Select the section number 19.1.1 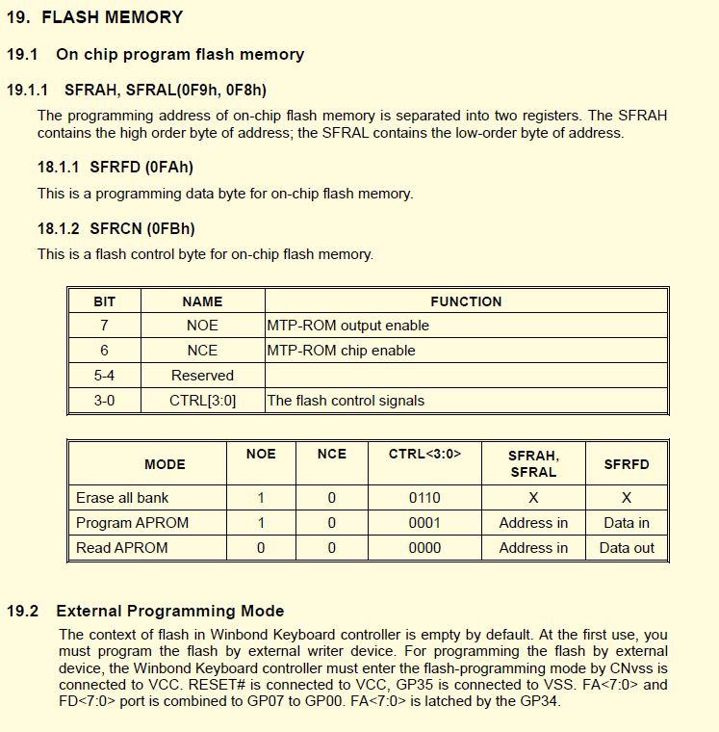(27, 90)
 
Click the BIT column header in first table (104, 301)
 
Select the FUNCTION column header (466, 301)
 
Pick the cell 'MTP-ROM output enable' (347, 326)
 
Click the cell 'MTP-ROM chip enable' (341, 351)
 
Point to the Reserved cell (202, 376)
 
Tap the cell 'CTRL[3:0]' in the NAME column (202, 401)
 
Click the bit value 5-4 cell (104, 376)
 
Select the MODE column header (165, 464)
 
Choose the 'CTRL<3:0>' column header (424, 454)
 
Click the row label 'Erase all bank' (122, 498)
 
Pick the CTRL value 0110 (424, 498)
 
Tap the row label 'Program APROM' (132, 523)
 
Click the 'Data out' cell (627, 548)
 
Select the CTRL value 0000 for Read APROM (424, 548)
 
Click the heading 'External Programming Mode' (170, 611)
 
